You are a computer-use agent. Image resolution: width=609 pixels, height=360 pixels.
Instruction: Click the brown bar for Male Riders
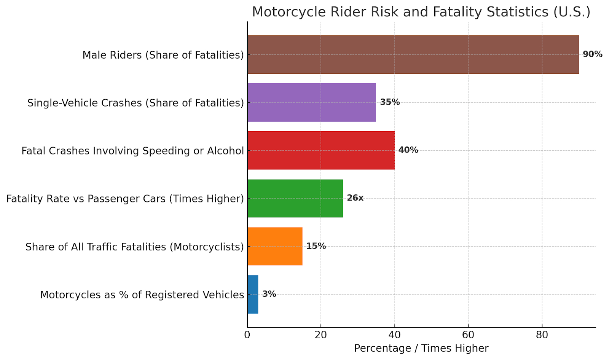coord(413,54)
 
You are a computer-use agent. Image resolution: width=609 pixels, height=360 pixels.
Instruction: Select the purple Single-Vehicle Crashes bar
coord(311,102)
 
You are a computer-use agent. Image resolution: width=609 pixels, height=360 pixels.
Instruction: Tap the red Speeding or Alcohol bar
coord(321,150)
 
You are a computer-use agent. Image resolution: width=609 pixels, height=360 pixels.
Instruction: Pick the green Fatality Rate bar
coord(295,198)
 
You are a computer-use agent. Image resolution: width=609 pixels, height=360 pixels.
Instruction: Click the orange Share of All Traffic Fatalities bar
coord(275,246)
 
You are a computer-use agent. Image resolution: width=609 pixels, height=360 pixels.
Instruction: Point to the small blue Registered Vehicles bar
coord(253,294)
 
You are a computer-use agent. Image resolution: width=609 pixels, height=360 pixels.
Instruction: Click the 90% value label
coord(592,54)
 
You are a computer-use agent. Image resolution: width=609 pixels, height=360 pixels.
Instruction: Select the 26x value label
coord(355,198)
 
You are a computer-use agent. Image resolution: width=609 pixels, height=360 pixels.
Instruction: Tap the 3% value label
coord(269,294)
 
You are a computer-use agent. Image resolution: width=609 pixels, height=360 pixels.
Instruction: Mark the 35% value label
coord(390,102)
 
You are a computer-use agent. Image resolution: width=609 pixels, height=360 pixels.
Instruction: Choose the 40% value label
coord(408,150)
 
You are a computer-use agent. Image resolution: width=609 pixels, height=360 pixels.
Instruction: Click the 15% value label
coord(316,246)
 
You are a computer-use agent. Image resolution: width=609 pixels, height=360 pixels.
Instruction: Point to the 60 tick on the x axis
coord(468,335)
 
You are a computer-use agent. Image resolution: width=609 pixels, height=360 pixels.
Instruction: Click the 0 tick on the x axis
coord(247,335)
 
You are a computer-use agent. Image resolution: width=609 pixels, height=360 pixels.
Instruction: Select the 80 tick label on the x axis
coord(542,335)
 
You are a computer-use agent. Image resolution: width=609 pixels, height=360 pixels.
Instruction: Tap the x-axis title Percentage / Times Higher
coord(421,348)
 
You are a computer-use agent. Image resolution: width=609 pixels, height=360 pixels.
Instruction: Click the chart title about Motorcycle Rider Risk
coord(421,12)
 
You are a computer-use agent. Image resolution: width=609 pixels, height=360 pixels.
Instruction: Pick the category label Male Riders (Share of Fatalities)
coord(163,55)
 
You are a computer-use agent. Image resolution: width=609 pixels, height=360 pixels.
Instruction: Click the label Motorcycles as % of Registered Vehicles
coord(142,295)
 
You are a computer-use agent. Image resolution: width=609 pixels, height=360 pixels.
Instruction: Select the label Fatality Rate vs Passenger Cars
coord(125,199)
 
